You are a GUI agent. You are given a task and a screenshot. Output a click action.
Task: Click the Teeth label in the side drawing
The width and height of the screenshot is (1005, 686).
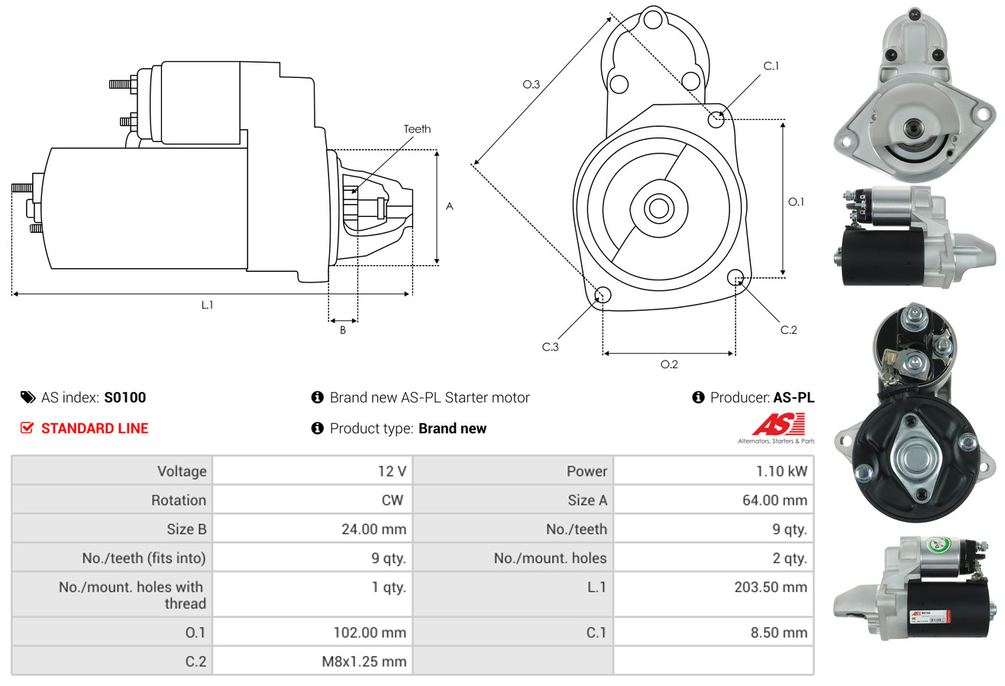417,129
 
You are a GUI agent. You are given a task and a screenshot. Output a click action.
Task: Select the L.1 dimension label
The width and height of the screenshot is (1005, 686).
207,305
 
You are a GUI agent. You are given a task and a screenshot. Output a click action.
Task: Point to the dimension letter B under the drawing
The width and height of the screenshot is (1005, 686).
343,330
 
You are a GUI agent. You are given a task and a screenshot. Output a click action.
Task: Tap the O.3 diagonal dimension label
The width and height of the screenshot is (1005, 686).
532,85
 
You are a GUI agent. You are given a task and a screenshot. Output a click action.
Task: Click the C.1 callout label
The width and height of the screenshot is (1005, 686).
771,66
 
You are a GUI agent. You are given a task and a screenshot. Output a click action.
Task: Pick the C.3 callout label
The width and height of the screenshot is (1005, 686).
551,347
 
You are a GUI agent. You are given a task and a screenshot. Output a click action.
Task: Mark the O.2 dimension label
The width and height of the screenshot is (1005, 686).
669,364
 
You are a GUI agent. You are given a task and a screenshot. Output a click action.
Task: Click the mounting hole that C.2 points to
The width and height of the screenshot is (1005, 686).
735,277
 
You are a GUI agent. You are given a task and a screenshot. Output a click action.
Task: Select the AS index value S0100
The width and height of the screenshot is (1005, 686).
124,397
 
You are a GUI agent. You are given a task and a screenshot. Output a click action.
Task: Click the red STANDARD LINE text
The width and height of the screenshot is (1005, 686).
95,429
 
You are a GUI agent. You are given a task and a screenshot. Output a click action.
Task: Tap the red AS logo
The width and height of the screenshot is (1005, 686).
778,424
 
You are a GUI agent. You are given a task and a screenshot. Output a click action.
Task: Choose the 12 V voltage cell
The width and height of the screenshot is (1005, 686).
392,471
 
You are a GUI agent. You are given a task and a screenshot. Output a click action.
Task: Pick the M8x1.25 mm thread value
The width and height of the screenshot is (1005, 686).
364,662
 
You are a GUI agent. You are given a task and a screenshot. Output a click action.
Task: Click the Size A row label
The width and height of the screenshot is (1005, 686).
587,500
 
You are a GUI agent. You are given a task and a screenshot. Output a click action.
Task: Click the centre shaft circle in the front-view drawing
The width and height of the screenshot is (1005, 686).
657,207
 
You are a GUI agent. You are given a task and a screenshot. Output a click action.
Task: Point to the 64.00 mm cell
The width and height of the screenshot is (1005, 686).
777,500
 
